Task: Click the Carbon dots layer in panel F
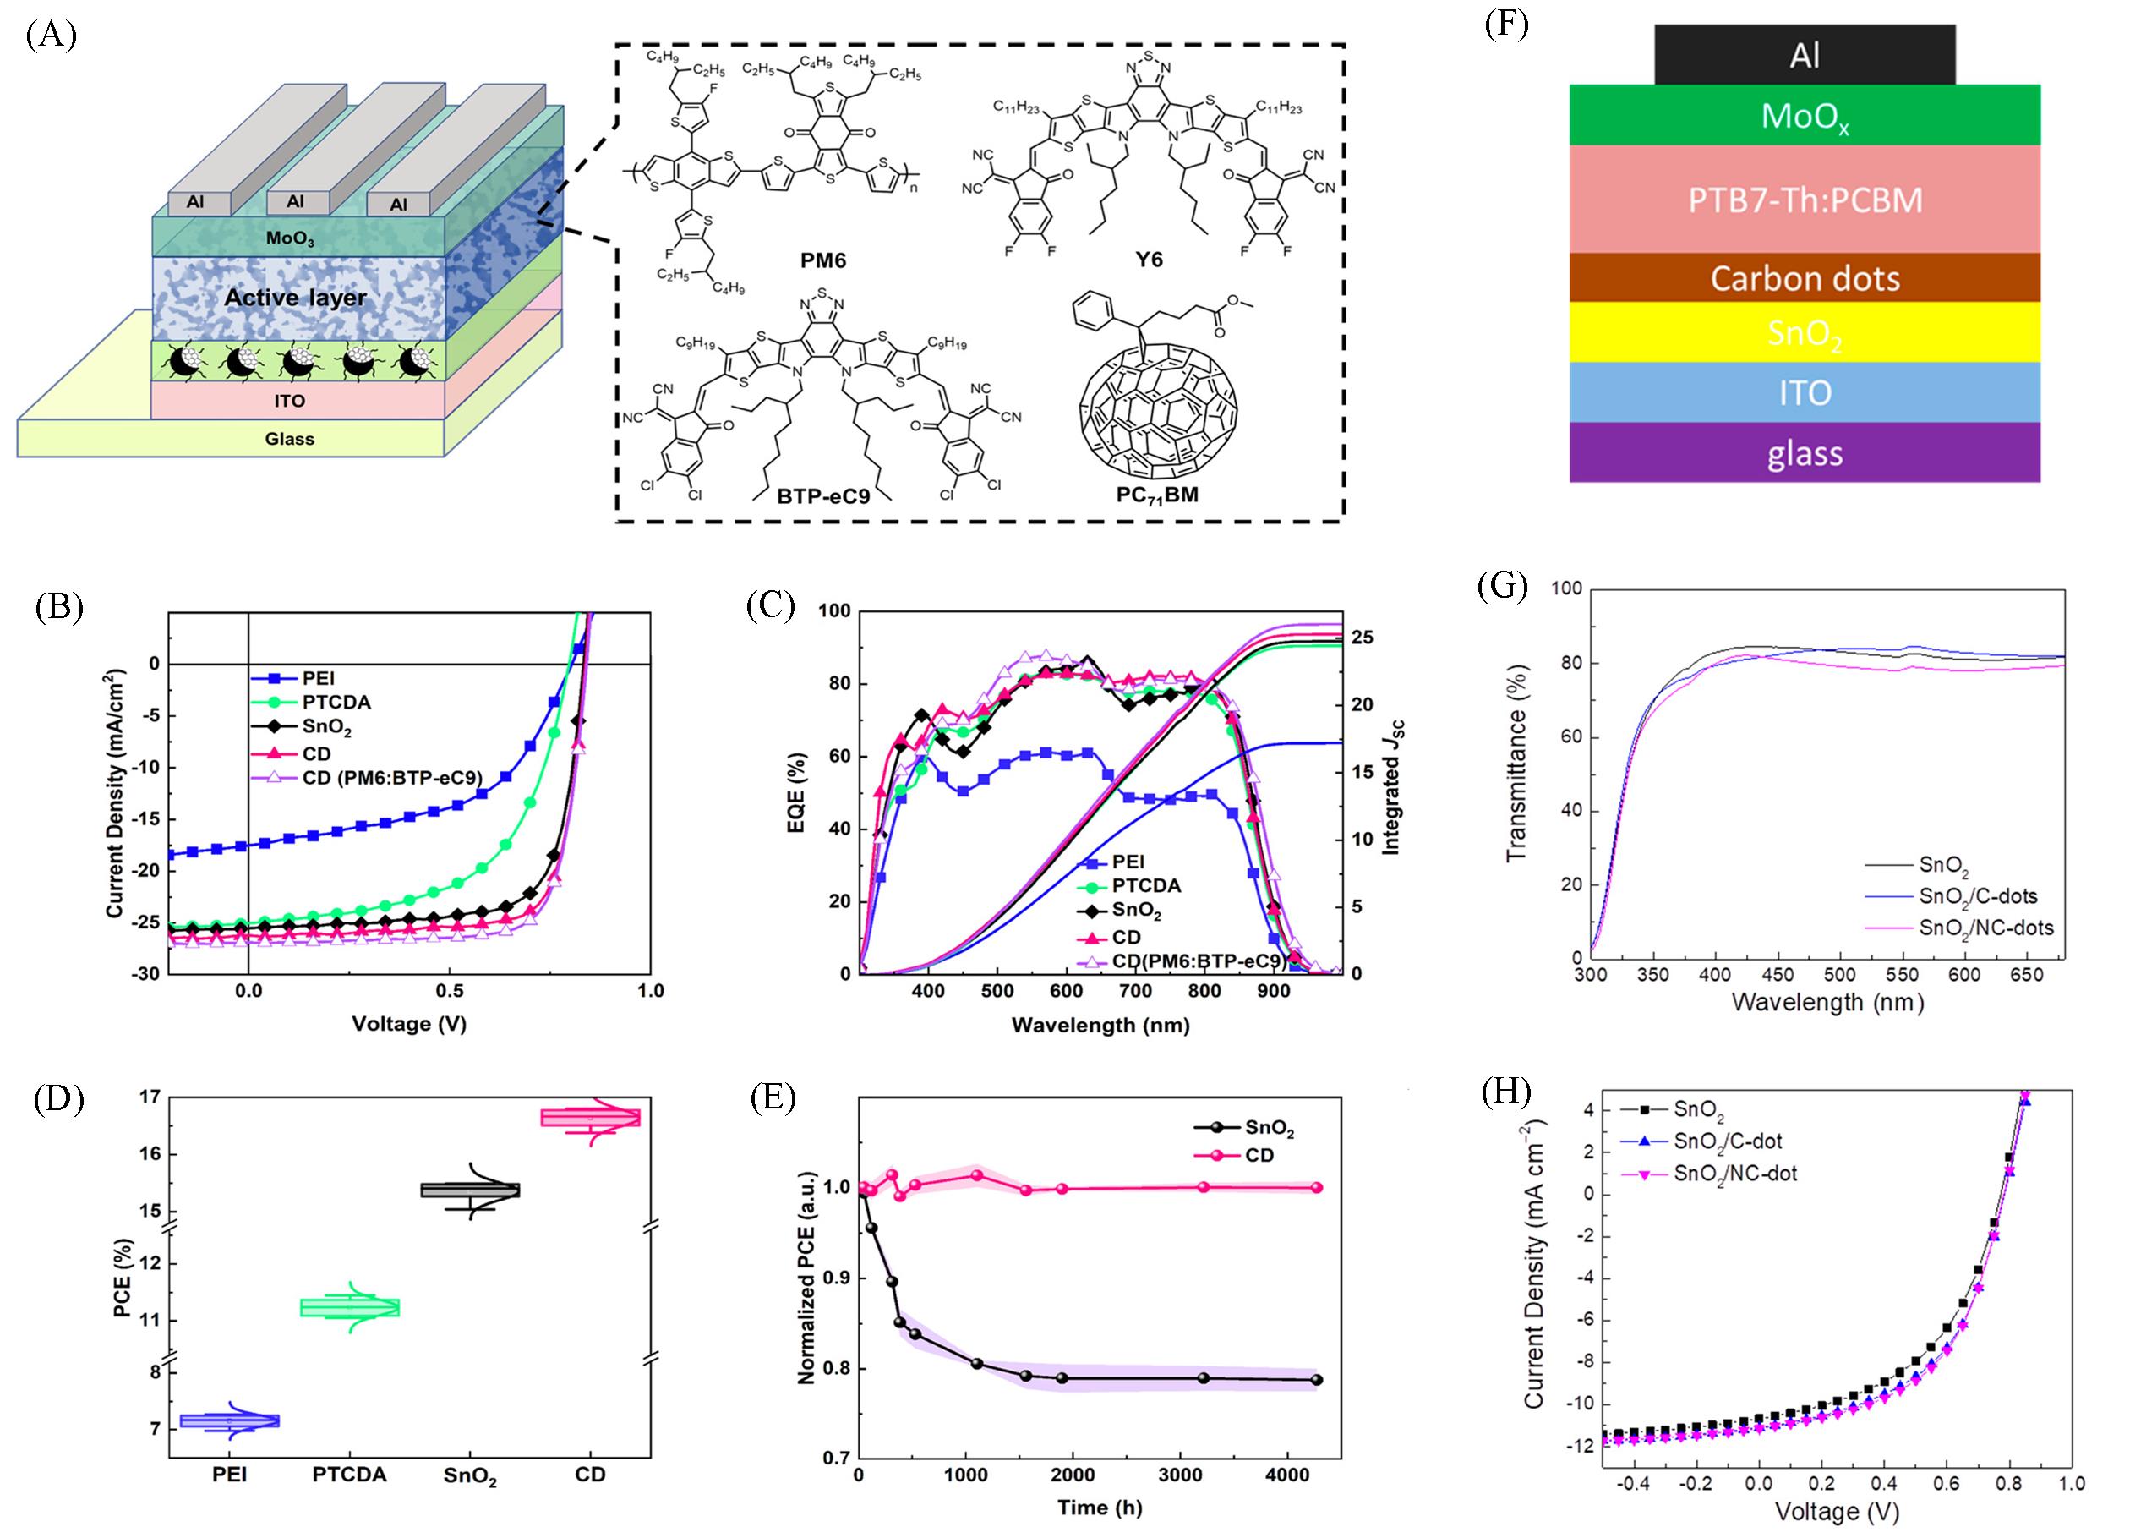point(1804,278)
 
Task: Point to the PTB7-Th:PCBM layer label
point(1804,200)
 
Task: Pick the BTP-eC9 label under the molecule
point(823,495)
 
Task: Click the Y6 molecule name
point(1149,260)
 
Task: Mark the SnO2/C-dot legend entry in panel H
point(1727,1141)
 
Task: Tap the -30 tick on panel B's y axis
point(145,974)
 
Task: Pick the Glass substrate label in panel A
point(289,439)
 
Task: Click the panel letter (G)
point(1502,587)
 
